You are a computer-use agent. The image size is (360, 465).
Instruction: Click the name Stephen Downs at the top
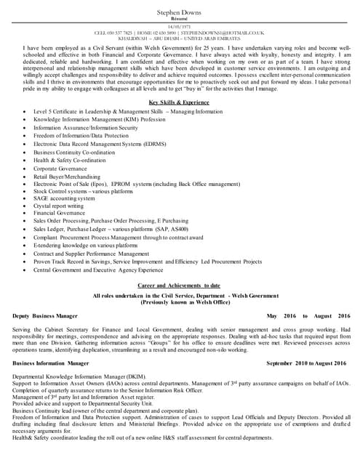point(179,13)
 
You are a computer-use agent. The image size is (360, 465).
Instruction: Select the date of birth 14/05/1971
point(179,27)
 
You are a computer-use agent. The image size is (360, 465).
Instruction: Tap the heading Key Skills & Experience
point(179,103)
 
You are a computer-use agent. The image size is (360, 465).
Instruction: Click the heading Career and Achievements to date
point(179,286)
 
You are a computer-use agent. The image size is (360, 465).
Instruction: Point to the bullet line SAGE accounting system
point(64,198)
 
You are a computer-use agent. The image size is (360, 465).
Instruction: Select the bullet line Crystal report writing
point(58,206)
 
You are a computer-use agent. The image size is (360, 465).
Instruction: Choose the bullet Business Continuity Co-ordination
point(74,153)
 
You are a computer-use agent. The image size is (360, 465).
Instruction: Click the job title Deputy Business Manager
point(45,317)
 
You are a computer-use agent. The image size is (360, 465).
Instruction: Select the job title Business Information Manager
point(51,363)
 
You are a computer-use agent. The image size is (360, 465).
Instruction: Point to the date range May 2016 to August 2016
point(308,317)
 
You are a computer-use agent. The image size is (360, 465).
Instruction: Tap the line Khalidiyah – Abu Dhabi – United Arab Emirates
point(179,39)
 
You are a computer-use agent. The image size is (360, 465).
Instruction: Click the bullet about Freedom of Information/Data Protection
point(81,136)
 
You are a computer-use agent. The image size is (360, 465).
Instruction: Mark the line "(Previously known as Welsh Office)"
point(179,302)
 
